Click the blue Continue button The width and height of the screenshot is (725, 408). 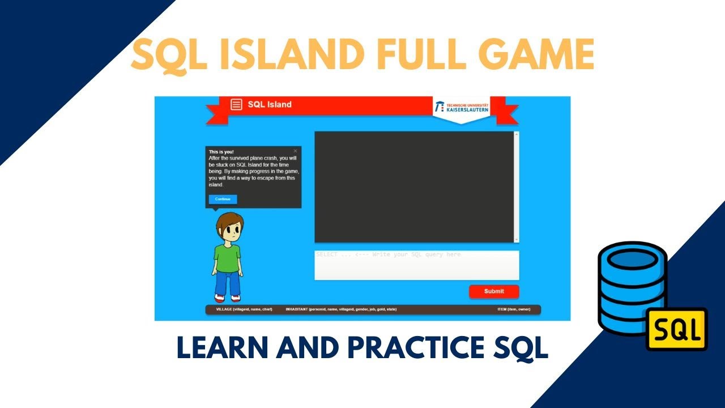223,199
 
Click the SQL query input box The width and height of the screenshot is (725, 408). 416,265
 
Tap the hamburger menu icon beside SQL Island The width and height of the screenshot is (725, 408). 236,105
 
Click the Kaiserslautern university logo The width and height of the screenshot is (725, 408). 461,107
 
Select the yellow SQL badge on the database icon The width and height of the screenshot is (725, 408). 677,329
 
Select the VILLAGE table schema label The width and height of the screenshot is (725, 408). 244,309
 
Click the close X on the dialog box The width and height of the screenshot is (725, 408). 295,151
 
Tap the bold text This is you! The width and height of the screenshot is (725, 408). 221,152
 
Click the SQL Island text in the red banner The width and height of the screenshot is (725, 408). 270,104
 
